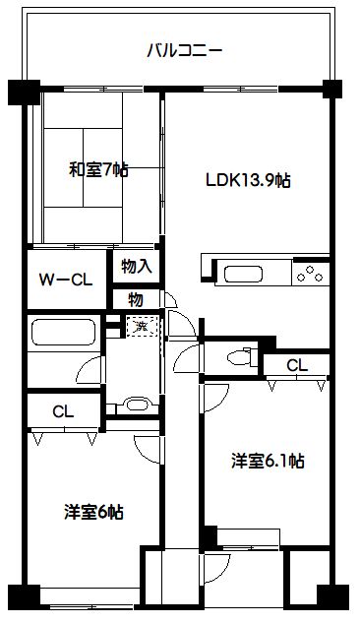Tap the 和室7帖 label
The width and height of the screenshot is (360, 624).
tap(98, 169)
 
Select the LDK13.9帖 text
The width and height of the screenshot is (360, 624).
tap(247, 180)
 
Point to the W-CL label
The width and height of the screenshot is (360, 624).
tap(66, 279)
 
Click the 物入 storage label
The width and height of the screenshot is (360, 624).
tap(137, 266)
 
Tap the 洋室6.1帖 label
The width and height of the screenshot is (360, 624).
tap(267, 461)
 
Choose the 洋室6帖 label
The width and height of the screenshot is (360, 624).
tap(94, 511)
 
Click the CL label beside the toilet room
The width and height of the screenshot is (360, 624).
tap(297, 365)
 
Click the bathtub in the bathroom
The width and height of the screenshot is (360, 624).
tap(62, 332)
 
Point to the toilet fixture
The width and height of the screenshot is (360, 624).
tap(237, 356)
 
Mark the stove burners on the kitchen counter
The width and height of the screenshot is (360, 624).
tap(310, 272)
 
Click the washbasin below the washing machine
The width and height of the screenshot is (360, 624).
tap(136, 405)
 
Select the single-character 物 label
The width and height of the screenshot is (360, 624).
tap(137, 298)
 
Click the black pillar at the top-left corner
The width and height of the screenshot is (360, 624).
tap(21, 93)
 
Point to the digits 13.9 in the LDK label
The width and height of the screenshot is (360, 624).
tap(258, 180)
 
